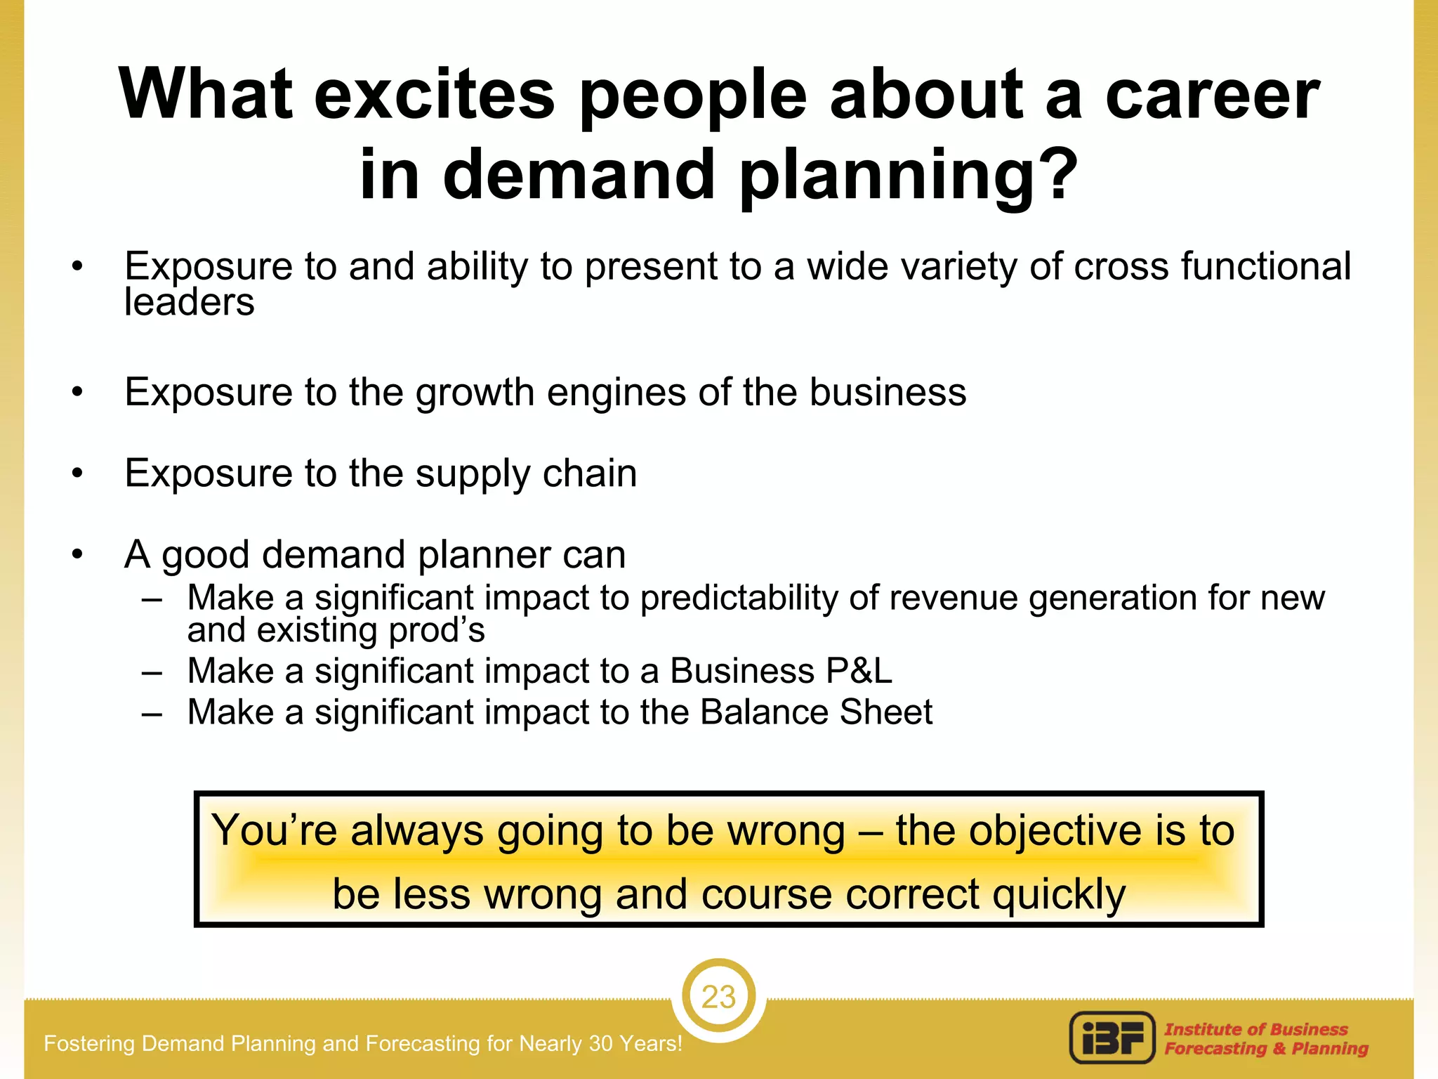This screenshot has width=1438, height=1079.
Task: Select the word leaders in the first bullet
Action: [189, 303]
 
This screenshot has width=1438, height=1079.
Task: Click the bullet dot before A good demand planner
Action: [77, 555]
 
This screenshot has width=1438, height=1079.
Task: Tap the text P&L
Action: [858, 671]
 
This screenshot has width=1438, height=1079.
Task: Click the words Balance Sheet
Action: [816, 712]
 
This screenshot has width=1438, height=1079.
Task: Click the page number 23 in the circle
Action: [718, 997]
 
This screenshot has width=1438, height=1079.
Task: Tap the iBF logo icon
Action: [1112, 1038]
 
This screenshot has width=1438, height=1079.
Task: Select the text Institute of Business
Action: [1256, 1029]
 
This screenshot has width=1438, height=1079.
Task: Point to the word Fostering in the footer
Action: [89, 1044]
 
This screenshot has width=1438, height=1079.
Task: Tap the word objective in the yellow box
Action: [1055, 831]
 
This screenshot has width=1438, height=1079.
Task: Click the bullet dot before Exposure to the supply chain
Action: [77, 473]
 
